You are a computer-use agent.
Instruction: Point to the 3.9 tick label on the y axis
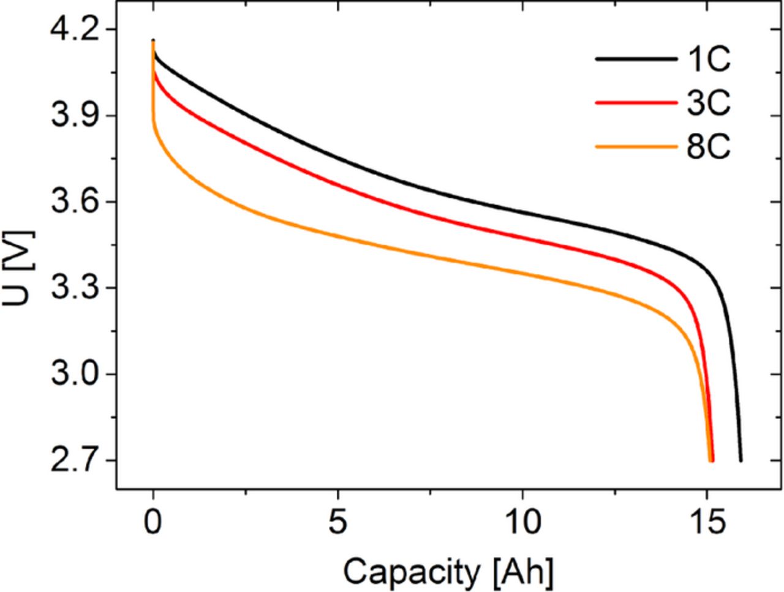70,116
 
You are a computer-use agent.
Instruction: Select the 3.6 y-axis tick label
70,203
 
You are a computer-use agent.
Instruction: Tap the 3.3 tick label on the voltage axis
70,288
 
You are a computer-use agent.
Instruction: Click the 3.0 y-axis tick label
70,375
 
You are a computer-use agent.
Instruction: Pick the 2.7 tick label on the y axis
70,461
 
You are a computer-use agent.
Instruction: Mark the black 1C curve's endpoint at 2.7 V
741,460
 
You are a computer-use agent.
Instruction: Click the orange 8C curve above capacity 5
338,236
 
